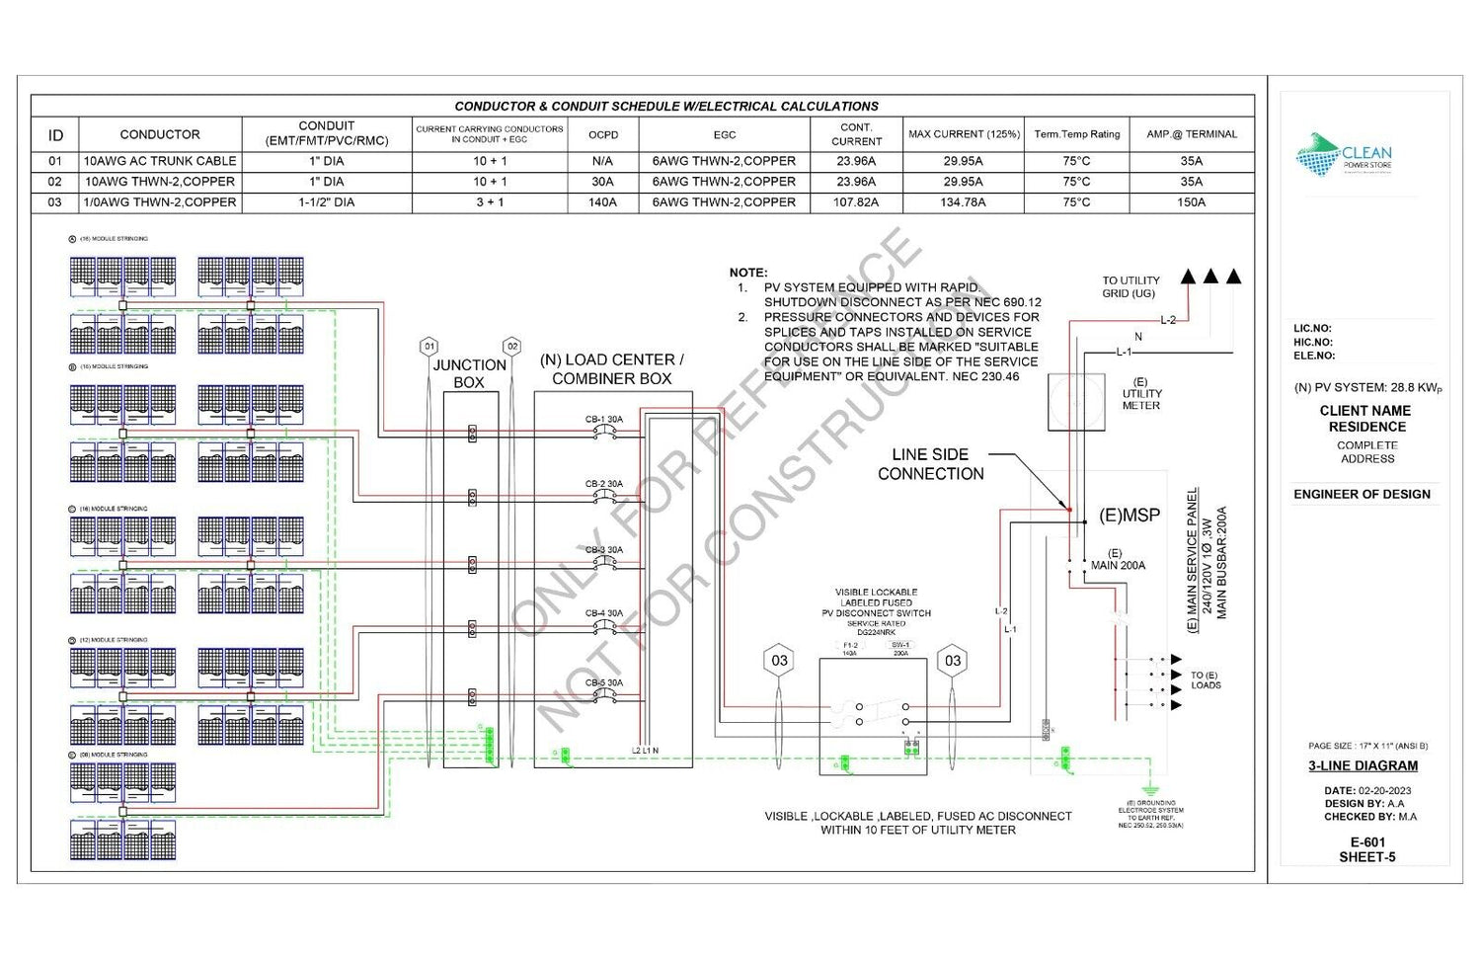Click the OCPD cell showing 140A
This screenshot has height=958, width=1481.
tap(602, 202)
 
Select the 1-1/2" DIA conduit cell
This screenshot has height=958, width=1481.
tap(326, 202)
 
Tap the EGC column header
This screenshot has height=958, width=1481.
tap(724, 134)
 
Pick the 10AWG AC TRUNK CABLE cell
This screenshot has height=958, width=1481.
tap(160, 161)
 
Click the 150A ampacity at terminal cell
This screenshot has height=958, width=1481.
tap(1191, 202)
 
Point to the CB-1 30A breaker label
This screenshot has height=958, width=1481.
tap(604, 420)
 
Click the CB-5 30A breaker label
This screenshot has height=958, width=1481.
tap(604, 683)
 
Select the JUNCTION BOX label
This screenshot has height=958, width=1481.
tap(469, 373)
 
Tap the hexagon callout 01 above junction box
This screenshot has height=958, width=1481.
tap(429, 347)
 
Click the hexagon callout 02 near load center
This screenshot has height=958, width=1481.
tap(511, 347)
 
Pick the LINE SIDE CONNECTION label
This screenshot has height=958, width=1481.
tap(930, 464)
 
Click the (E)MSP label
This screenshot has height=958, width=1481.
tap(1130, 516)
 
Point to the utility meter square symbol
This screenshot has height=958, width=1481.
tap(1076, 402)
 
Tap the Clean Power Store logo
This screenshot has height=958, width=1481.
tap(1343, 155)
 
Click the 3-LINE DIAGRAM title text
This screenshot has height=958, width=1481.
tap(1363, 765)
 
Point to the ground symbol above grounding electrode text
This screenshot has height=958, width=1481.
tap(1149, 790)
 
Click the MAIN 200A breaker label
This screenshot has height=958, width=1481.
tap(1118, 566)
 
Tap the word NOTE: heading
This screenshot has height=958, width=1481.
tap(748, 273)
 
